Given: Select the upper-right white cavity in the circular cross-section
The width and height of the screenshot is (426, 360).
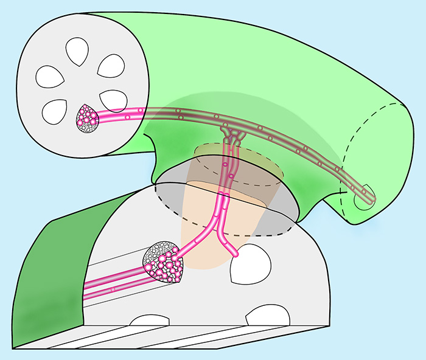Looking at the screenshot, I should tap(111, 66).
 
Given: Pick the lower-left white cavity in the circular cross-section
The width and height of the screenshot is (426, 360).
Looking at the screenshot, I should tap(55, 110).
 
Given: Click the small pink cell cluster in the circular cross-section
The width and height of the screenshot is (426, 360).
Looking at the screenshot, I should tap(87, 117).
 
